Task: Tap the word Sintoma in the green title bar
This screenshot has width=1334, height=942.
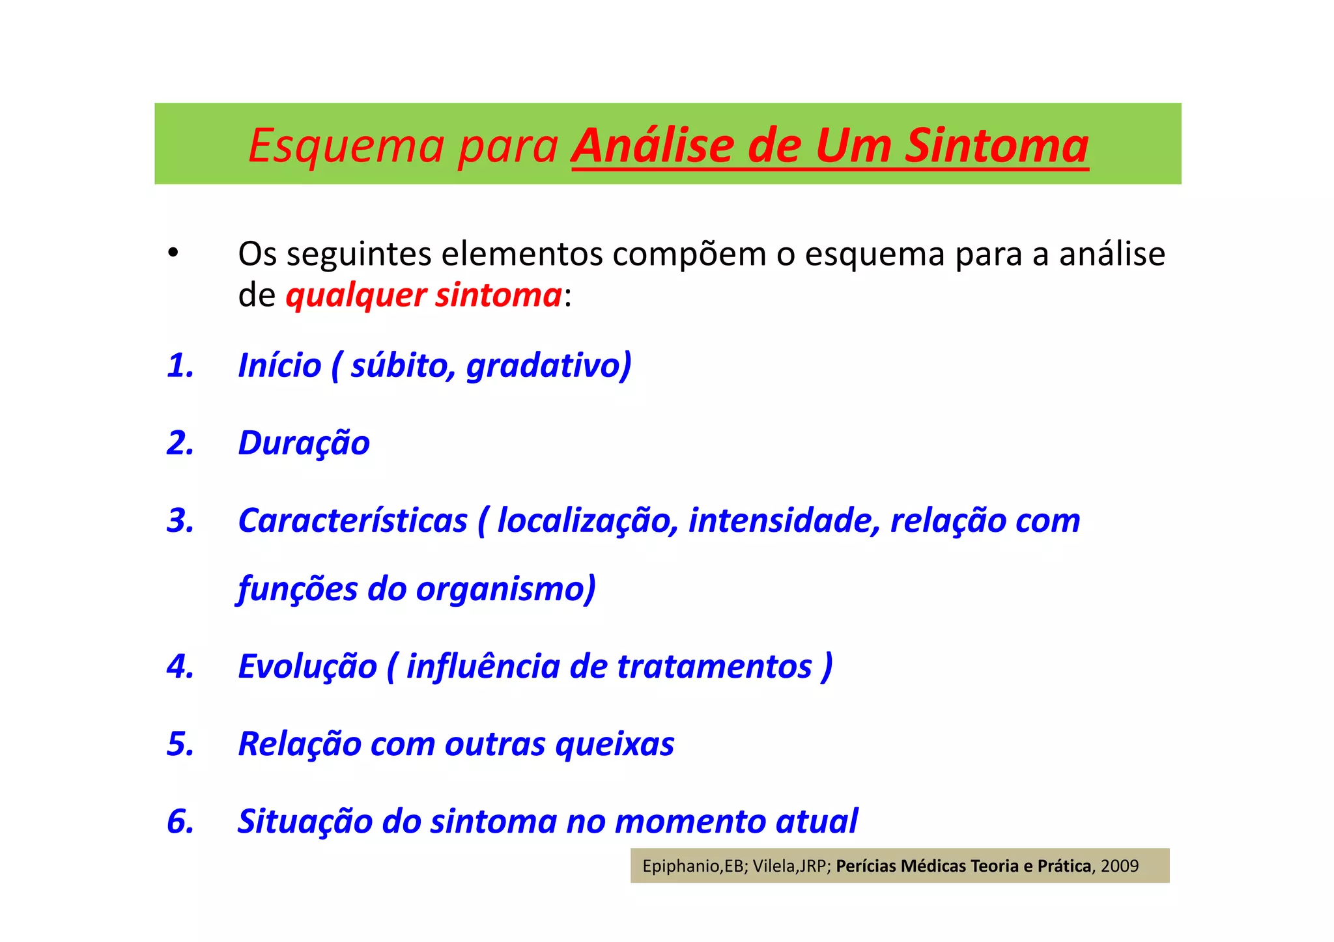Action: (x=997, y=146)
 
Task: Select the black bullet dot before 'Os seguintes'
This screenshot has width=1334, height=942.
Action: (x=173, y=253)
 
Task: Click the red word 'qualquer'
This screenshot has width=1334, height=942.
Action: (x=356, y=296)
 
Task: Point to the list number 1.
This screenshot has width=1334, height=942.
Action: (x=180, y=365)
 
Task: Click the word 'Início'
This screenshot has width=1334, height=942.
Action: (x=279, y=365)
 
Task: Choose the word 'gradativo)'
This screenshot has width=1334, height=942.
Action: (x=548, y=365)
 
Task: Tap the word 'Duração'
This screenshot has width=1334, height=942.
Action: (x=304, y=443)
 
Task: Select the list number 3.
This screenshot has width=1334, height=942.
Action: (x=180, y=521)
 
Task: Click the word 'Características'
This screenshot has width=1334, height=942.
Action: (x=352, y=521)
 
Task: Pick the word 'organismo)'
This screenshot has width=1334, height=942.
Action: (x=505, y=589)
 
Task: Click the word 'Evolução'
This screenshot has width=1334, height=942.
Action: (x=307, y=667)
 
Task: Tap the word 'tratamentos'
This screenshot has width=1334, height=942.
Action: (x=715, y=667)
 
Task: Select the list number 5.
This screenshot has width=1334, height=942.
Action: (x=180, y=744)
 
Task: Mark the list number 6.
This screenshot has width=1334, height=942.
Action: (x=180, y=822)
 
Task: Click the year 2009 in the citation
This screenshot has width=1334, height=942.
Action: (x=1120, y=866)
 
